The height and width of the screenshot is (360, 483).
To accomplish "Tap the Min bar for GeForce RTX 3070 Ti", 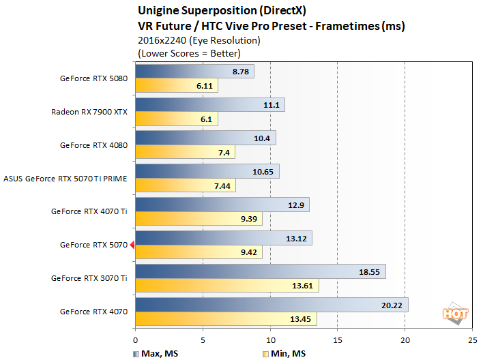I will [x=226, y=286].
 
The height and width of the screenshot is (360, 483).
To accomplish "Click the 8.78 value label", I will [x=241, y=72].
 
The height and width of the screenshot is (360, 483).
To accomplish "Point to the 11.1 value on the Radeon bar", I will [x=272, y=105].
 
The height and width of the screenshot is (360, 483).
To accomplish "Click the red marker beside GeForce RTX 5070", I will [x=132, y=245].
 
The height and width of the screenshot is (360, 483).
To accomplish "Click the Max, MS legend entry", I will [x=153, y=352].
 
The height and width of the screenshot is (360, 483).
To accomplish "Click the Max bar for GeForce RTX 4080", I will [x=205, y=138].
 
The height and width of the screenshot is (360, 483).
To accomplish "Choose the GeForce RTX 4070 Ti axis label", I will [x=89, y=211].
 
